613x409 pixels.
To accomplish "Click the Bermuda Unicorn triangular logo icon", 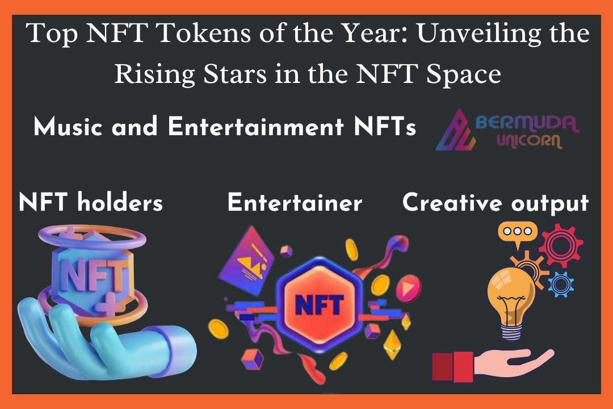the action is [x=456, y=130].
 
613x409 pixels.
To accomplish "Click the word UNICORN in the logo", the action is [x=530, y=140].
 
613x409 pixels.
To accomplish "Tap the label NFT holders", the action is [x=91, y=202].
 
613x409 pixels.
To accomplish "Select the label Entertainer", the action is [x=295, y=202].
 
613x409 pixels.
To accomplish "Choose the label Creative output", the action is [x=496, y=203].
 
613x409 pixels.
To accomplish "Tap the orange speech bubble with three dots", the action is [x=517, y=233].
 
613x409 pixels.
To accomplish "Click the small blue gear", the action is [x=561, y=284].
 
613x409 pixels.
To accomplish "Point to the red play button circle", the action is [x=408, y=289].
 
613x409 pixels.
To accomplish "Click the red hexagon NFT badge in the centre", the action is [x=320, y=304].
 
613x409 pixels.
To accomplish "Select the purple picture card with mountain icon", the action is [x=246, y=261].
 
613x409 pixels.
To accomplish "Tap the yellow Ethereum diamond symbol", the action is [x=392, y=344].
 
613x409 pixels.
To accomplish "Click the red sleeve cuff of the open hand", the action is [x=453, y=366].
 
